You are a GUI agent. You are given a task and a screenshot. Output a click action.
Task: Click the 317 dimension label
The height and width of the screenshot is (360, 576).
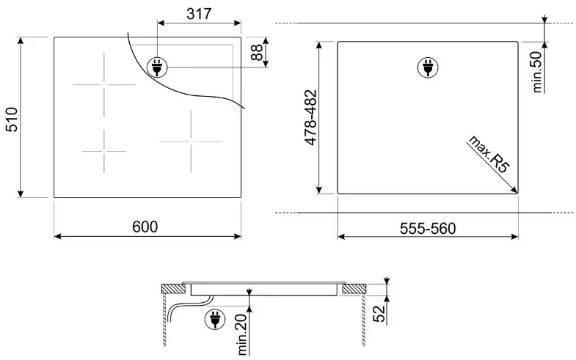tap(199, 14)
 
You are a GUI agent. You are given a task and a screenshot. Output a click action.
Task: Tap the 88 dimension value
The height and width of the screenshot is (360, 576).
tap(257, 52)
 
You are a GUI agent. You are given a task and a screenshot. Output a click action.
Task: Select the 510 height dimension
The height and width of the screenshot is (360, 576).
tap(12, 120)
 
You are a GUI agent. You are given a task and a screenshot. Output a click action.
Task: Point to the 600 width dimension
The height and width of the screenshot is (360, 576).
tap(145, 227)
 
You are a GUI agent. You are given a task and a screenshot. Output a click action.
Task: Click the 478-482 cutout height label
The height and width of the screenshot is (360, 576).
tap(310, 117)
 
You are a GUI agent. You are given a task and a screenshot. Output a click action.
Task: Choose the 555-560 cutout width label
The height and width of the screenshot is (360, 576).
tap(428, 229)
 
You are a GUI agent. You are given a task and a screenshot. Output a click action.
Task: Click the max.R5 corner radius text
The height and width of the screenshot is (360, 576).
tap(489, 154)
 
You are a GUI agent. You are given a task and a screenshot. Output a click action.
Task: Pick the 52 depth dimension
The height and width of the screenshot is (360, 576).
tap(379, 314)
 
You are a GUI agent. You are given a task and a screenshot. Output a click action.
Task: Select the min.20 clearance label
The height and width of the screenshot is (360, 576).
tap(242, 334)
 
